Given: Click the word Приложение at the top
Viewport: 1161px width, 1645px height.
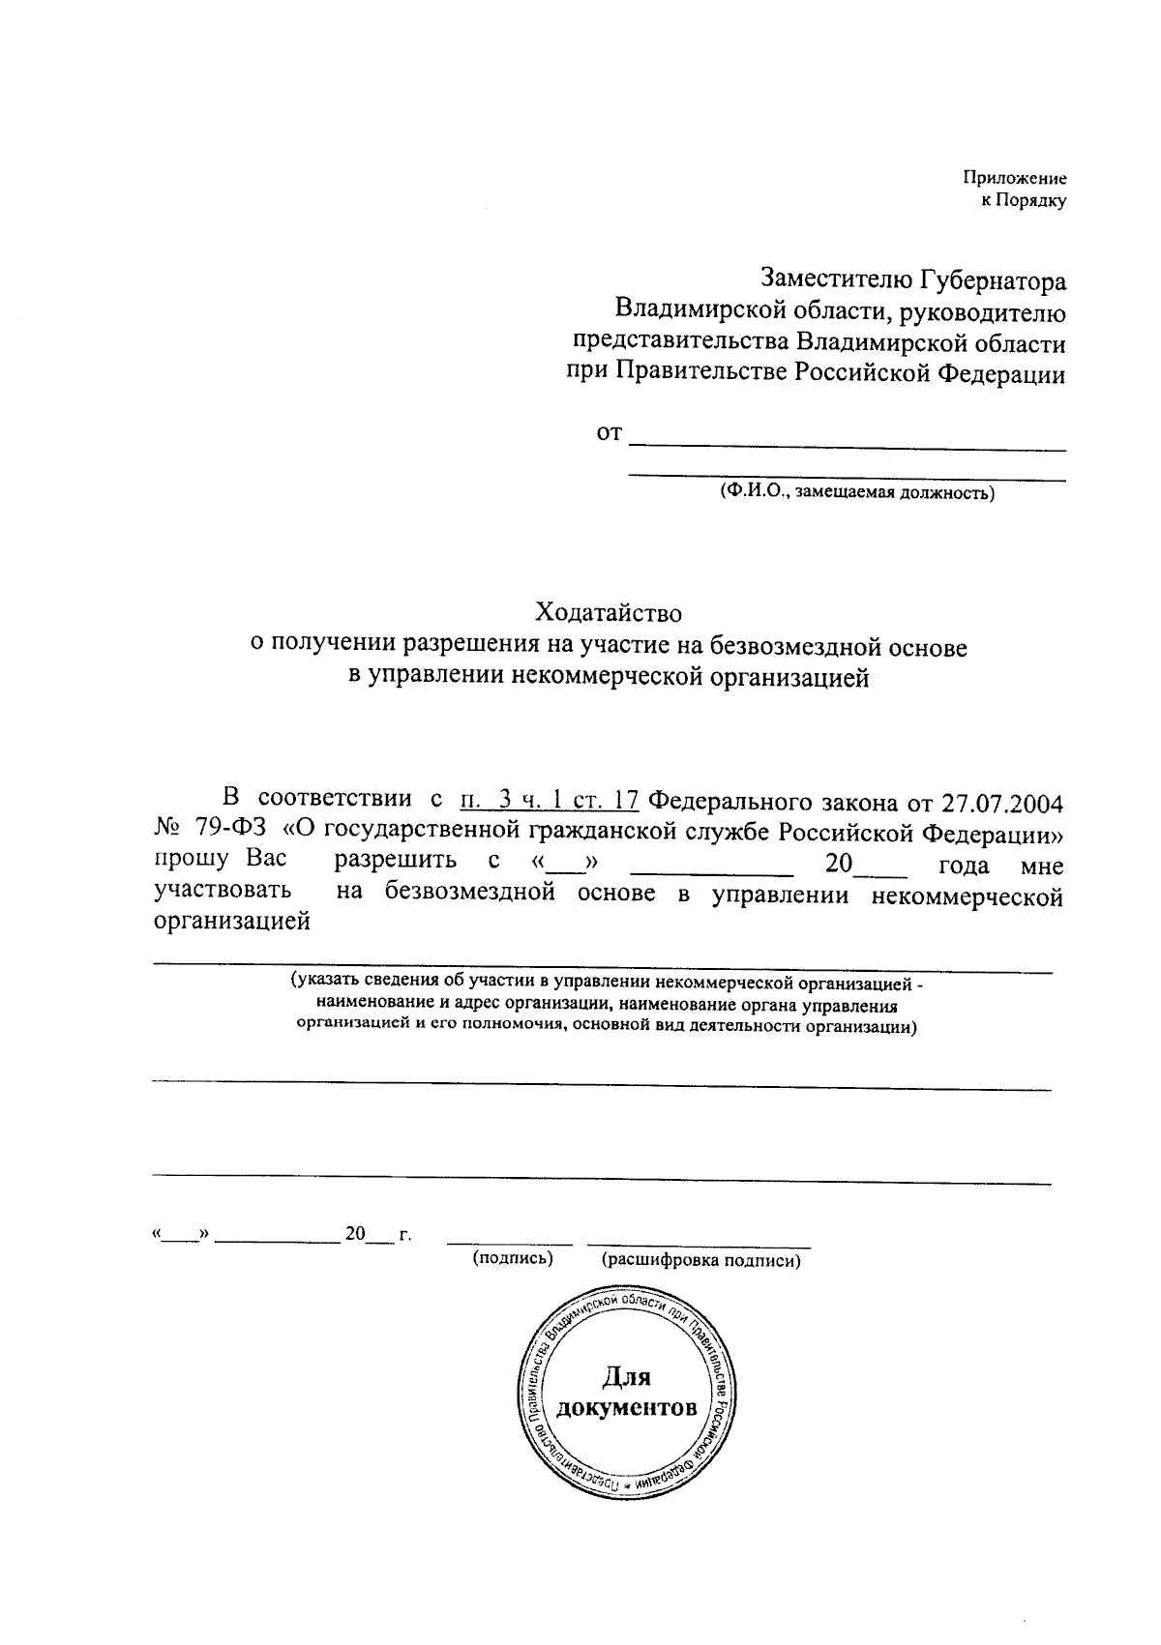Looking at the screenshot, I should pyautogui.click(x=1014, y=178).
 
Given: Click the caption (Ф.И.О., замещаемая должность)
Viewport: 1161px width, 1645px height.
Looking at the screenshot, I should pyautogui.click(x=855, y=493).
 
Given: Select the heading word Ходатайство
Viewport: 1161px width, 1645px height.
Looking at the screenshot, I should pyautogui.click(x=609, y=613).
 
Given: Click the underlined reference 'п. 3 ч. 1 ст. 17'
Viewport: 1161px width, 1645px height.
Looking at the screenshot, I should pyautogui.click(x=549, y=802).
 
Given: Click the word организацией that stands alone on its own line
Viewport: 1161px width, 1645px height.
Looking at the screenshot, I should pyautogui.click(x=232, y=922).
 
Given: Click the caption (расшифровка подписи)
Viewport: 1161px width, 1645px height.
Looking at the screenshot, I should pyautogui.click(x=700, y=1260).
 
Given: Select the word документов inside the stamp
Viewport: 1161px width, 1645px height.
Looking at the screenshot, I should pyautogui.click(x=627, y=1407).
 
